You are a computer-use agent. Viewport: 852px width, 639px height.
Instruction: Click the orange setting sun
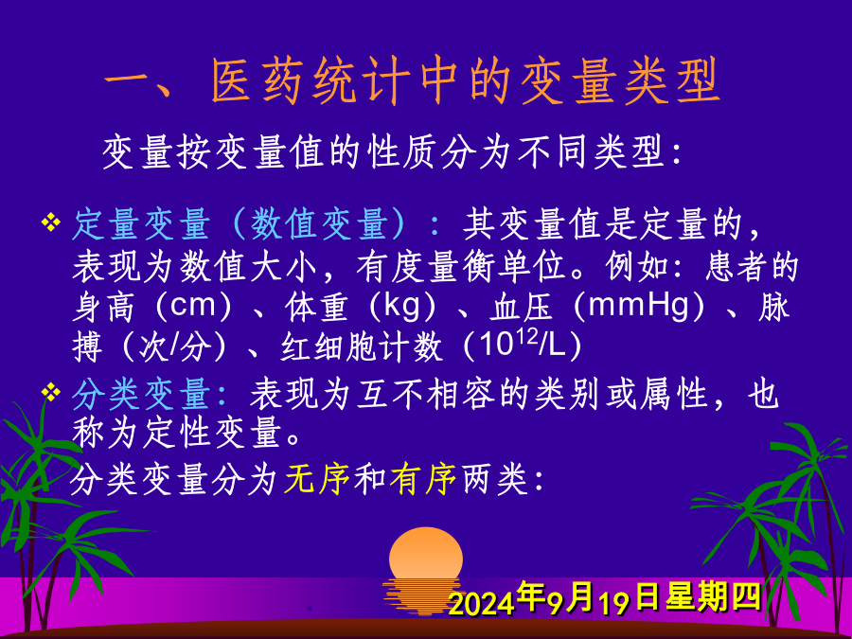[426, 559]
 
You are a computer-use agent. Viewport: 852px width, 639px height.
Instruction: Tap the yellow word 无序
[317, 479]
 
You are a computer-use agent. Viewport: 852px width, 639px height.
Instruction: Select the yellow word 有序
[423, 479]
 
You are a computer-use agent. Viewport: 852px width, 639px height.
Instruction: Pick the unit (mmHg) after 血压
[639, 307]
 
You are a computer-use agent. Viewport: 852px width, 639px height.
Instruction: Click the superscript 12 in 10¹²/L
[527, 338]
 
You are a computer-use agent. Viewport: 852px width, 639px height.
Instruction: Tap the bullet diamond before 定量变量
[50, 222]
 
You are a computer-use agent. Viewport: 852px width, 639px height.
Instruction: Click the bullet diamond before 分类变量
[50, 392]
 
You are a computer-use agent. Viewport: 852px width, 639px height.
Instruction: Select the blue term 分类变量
[141, 394]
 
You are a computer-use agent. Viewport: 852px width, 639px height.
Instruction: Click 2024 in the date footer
[483, 603]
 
